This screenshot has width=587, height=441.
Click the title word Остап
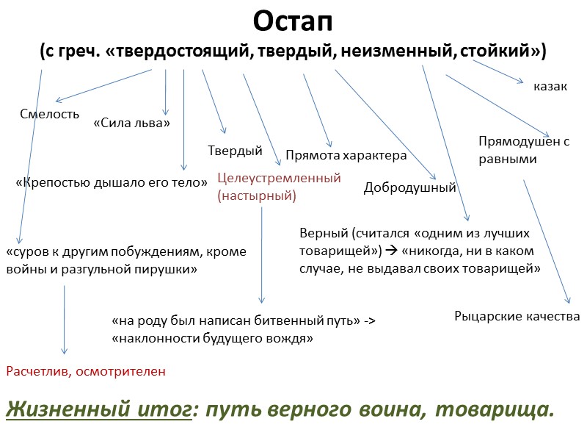293,22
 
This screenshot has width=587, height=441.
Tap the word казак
550,87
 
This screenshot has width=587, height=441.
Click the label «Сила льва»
131,123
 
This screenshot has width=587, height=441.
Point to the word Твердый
235,151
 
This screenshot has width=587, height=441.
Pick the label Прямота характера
346,156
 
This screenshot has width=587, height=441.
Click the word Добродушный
409,188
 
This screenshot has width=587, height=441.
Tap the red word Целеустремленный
280,178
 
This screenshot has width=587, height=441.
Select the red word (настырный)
256,196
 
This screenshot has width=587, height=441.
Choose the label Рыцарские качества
517,316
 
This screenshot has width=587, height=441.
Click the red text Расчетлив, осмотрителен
86,371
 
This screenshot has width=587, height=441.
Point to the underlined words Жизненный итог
98,410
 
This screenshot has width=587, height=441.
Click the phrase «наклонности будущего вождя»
212,339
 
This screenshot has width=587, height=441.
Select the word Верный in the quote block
323,234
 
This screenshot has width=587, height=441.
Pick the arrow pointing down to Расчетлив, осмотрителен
65,320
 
